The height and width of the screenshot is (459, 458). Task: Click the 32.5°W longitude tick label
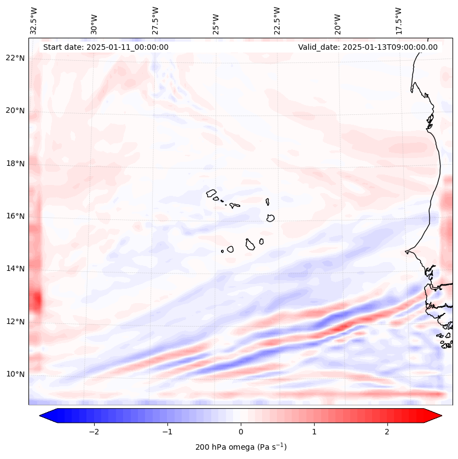pos(34,21)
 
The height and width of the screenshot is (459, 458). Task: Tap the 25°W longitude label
pos(216,21)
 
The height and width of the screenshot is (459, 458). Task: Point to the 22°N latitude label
pos(15,58)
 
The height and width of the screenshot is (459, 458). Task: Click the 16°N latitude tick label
pos(15,216)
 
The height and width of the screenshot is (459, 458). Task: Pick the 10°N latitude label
pos(15,374)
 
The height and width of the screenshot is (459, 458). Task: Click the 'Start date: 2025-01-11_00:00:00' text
pos(106,47)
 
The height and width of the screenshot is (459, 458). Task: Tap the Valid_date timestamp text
pos(368,47)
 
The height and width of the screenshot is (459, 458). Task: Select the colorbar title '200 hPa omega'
pos(241,447)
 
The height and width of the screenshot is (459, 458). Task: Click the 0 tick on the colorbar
pos(241,432)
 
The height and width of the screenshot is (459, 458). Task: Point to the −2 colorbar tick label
pos(94,432)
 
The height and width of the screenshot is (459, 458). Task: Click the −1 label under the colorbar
pos(167,432)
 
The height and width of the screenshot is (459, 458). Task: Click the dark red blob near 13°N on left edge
pos(36,300)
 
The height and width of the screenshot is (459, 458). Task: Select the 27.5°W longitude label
pos(155,21)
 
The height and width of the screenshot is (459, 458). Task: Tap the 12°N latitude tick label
pos(15,322)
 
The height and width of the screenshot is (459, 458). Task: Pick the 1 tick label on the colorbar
pos(314,432)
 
